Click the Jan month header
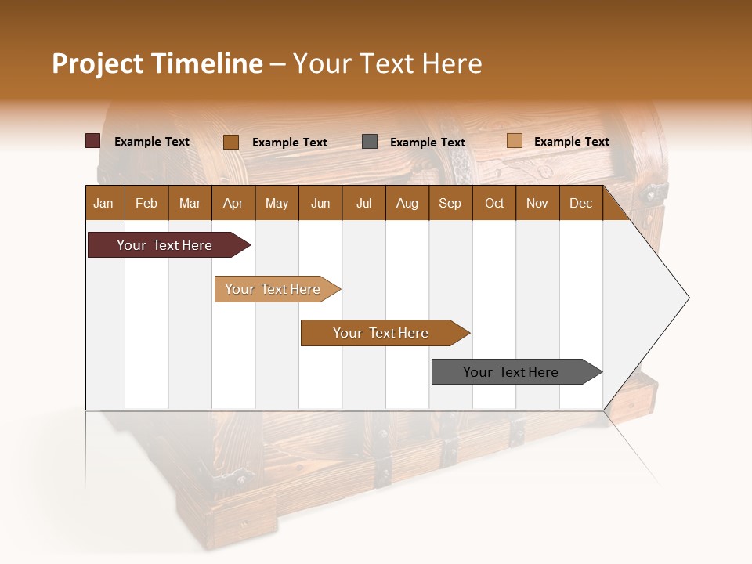pos(104,203)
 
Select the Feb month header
pos(146,203)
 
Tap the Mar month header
pos(190,203)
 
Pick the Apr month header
pos(233,203)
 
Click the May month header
pos(277,203)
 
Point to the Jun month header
pos(320,203)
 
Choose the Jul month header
pos(363,203)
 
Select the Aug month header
pos(407,203)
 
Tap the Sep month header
pos(450,203)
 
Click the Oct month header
pos(494,203)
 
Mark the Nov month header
pos(537,203)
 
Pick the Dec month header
pos(581,203)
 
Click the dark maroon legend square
pos(93,141)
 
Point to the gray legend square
pos(370,142)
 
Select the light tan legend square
pos(514,141)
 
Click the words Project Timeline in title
pos(157,63)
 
